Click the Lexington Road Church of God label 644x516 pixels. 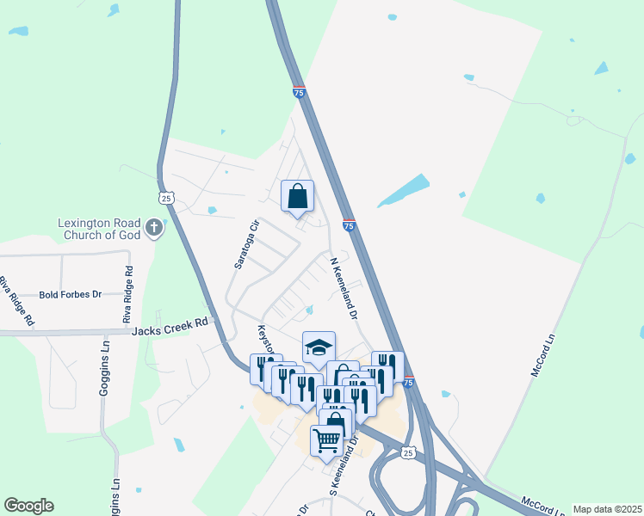point(98,228)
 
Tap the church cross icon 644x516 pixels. point(154,228)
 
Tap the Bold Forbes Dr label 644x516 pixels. point(70,294)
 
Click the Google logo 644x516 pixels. point(28,506)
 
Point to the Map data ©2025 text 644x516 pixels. point(607,509)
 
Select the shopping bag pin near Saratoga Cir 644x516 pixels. point(297,195)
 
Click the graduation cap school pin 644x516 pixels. point(319,347)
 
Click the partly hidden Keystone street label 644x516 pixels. point(266,339)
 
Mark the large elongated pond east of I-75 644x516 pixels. point(403,191)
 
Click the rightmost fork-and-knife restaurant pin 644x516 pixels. point(387,365)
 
